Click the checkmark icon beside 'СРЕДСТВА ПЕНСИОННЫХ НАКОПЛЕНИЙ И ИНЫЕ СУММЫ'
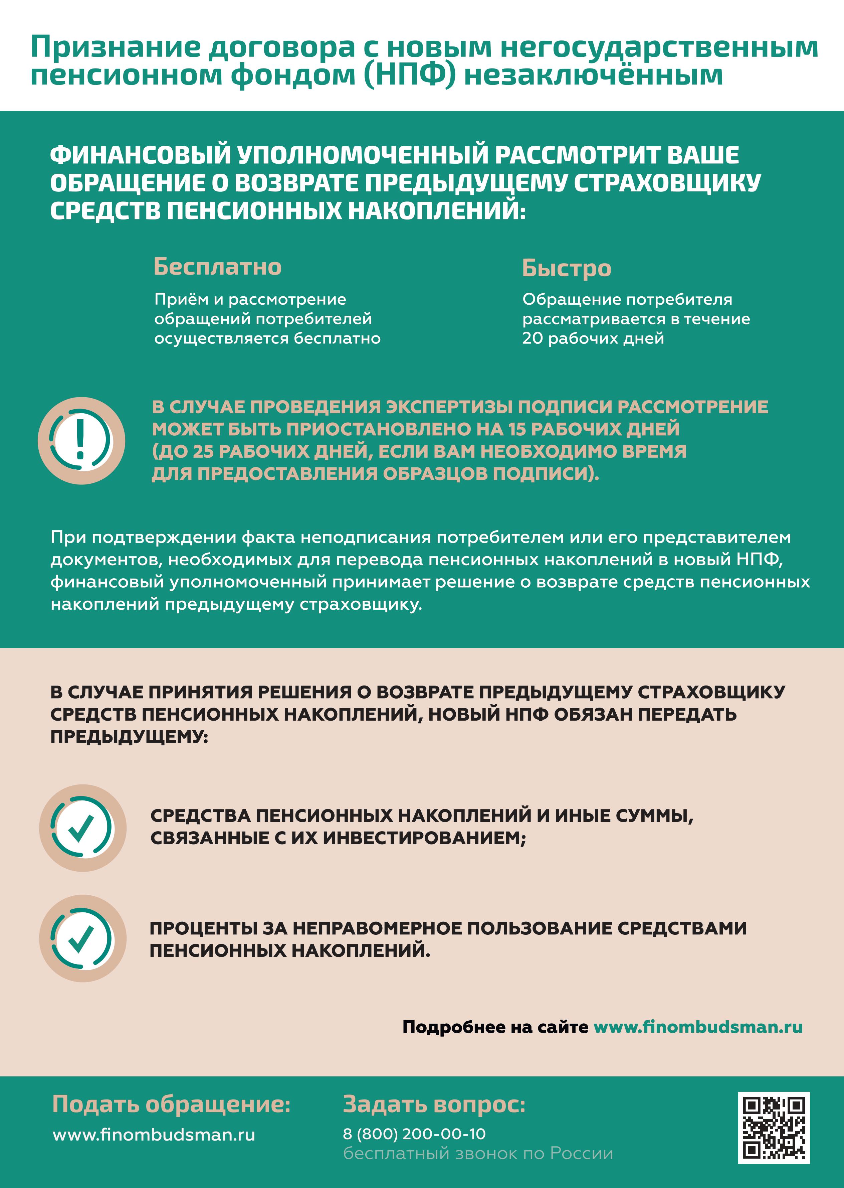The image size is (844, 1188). tap(82, 828)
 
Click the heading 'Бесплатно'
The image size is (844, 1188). tap(217, 267)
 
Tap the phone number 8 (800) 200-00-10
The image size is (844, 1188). tap(414, 1134)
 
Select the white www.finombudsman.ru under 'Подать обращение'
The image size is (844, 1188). tap(154, 1135)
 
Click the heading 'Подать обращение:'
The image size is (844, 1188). tap(171, 1104)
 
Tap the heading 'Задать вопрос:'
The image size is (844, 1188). tap(434, 1104)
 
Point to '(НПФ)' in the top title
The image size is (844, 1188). tap(410, 75)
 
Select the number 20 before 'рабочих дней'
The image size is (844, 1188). tap(532, 338)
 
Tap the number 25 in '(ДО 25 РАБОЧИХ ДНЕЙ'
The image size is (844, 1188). tap(203, 451)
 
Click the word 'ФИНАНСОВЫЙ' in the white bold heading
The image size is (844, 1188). tap(140, 155)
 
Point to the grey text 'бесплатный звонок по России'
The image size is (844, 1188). tap(478, 1153)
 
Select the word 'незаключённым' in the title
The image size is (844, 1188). tap(593, 75)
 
